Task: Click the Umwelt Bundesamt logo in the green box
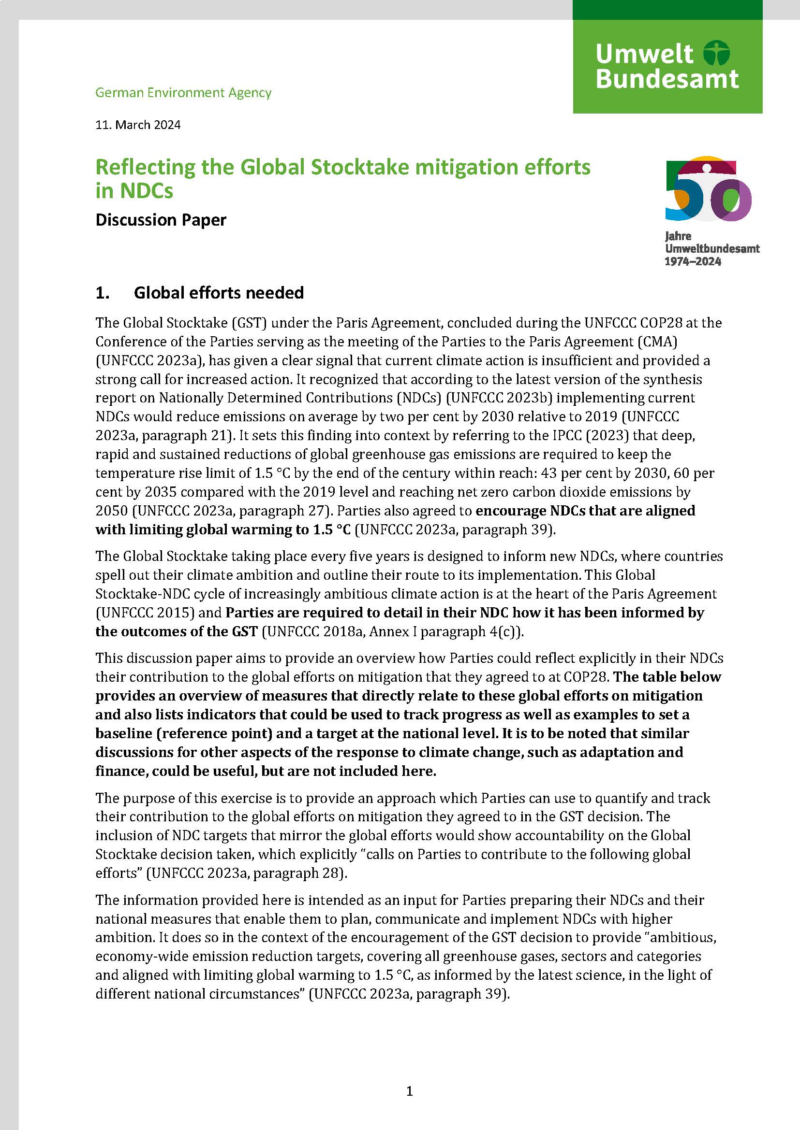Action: (667, 67)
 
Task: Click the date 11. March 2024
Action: (138, 125)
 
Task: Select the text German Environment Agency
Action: (183, 93)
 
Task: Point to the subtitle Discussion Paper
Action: (161, 219)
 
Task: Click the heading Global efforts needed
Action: (219, 293)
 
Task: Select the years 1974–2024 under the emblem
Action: (693, 262)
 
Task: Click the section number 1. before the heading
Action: (102, 293)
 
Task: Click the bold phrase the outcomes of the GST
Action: (177, 631)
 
